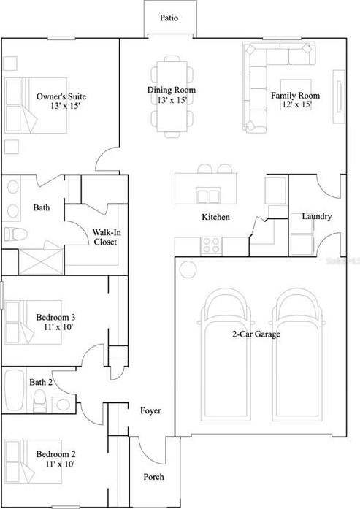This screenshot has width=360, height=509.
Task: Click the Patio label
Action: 169,18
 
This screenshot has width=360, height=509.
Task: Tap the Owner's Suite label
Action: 61,96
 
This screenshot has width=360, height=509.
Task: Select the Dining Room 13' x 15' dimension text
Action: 172,100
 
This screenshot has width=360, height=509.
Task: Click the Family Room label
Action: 295,96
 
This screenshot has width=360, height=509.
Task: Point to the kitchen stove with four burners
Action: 211,245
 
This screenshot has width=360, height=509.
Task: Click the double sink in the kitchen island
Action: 208,196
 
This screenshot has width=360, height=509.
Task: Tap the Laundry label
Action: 316,216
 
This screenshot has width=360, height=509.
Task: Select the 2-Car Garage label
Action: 256,334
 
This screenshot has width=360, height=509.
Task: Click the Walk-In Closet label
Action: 105,237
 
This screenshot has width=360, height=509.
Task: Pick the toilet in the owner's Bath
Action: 15,234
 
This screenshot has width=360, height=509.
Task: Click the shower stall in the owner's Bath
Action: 41,261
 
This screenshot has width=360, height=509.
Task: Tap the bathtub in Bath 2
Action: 14,389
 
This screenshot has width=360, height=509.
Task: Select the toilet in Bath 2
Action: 40,401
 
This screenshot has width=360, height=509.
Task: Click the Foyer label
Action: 150,410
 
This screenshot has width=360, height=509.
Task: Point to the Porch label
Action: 153,477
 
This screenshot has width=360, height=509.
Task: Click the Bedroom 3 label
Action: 55,317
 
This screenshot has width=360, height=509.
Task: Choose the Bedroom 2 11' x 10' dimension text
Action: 60,464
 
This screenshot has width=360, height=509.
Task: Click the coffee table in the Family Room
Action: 296,94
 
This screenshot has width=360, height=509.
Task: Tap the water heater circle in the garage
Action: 188,269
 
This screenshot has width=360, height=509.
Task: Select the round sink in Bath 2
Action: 63,405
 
